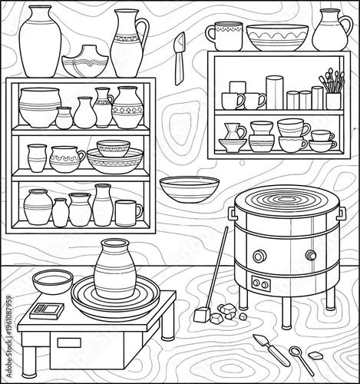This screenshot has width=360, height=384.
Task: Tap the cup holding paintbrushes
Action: tap(333, 101)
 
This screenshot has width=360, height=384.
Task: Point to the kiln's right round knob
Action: tap(311, 256)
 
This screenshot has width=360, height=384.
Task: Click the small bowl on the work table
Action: tap(53, 281)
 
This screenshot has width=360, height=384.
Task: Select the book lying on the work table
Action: tap(48, 310)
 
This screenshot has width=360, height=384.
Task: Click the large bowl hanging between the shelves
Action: tap(189, 188)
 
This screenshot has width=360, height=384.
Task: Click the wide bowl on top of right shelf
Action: tap(277, 36)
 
